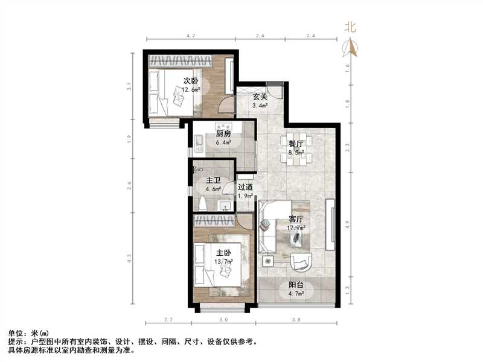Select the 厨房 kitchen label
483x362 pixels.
click(223, 134)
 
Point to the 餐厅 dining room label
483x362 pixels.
click(296, 144)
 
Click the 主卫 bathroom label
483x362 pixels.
click(213, 180)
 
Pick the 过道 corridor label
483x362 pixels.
click(245, 187)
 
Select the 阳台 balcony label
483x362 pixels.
click(296, 286)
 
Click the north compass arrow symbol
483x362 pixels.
click(350, 48)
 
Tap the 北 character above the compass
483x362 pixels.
click(350, 27)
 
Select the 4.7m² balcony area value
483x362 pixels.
click(296, 295)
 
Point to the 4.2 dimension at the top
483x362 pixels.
click(191, 37)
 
